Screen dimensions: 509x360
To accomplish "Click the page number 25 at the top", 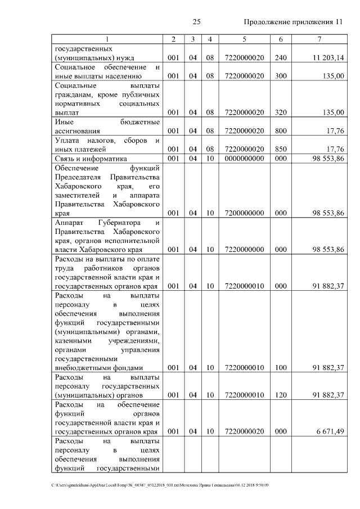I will click(196, 22).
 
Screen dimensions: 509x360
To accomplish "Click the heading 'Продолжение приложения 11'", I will click(293, 22).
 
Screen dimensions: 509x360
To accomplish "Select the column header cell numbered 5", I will click(244, 39).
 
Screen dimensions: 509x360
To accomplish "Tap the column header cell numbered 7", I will click(319, 39).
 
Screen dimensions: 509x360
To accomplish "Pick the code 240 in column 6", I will click(280, 57).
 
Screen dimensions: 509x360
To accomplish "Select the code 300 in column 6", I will click(280, 76).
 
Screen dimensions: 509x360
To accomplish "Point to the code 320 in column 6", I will click(280, 112).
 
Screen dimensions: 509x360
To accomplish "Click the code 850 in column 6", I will click(280, 149).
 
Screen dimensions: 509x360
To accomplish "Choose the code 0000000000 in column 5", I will click(244, 159).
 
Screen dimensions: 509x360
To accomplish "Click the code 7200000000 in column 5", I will click(244, 213).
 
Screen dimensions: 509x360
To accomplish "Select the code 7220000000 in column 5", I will click(244, 250).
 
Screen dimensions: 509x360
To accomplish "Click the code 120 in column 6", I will click(280, 395).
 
